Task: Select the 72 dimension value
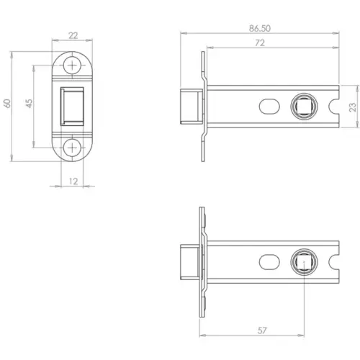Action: coord(260,43)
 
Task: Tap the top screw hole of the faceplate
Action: coord(73,65)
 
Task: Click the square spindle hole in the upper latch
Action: coord(301,107)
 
